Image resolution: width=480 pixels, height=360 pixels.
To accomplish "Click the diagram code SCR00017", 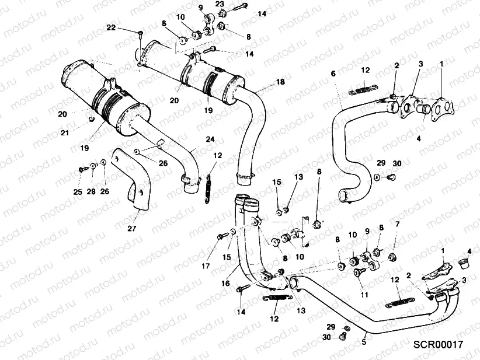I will [x=438, y=345].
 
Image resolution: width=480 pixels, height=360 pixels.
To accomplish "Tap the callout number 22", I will [x=111, y=28].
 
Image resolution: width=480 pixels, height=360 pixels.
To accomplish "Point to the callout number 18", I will [x=281, y=82].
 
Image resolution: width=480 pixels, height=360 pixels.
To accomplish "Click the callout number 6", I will [x=333, y=74].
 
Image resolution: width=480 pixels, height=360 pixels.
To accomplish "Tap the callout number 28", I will [x=91, y=191].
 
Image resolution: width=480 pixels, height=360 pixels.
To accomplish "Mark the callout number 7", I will [x=397, y=223].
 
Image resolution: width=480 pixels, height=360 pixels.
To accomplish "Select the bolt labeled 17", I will [x=221, y=236].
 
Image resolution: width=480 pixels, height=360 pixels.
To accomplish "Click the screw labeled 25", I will [x=79, y=169].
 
